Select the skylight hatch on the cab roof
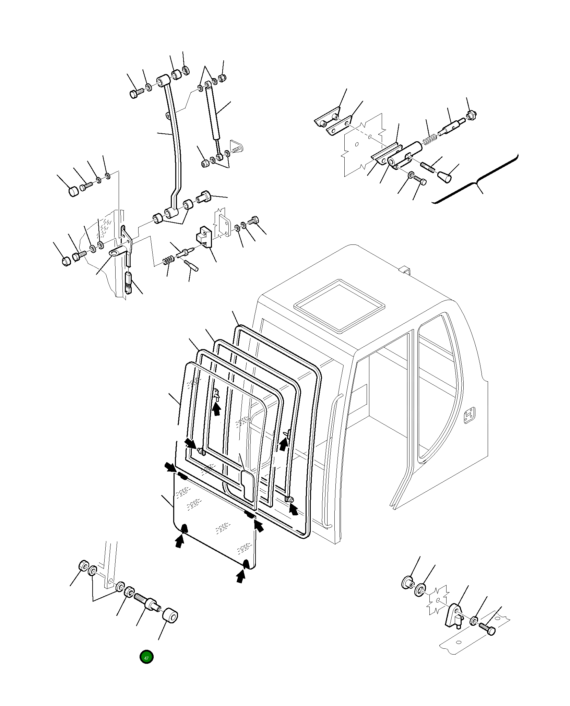click(x=340, y=305)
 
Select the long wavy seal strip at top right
click(x=477, y=180)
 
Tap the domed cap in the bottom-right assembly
click(x=407, y=583)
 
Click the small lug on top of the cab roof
click(x=405, y=269)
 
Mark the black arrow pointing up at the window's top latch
click(x=216, y=409)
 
